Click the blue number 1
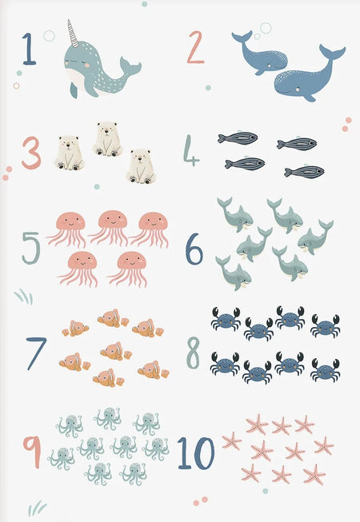[30, 49]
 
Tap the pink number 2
[195, 47]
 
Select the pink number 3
[31, 153]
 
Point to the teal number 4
[191, 150]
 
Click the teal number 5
[30, 248]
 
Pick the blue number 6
[194, 249]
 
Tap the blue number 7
[36, 353]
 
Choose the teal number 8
[193, 353]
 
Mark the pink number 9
[32, 452]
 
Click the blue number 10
[196, 453]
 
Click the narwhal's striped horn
[73, 34]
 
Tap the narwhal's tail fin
[130, 66]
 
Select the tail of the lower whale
[332, 53]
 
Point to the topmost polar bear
[107, 139]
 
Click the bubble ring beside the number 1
[49, 36]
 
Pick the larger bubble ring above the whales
[266, 28]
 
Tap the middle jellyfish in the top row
[110, 227]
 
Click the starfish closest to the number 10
[231, 440]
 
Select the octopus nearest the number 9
[62, 459]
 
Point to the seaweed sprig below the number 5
[24, 297]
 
